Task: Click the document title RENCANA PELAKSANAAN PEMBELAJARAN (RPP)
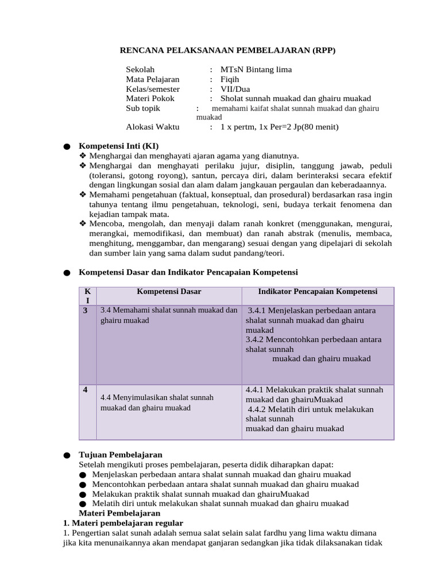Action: (227, 51)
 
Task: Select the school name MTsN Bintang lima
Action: (256, 69)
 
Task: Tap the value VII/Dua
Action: (235, 89)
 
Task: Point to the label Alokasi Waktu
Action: (153, 126)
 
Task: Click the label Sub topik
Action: (143, 108)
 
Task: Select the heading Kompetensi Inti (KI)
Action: (118, 146)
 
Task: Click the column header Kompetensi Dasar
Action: (169, 292)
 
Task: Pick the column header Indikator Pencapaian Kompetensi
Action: (318, 292)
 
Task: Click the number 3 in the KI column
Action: (85, 311)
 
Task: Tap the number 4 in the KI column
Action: (85, 390)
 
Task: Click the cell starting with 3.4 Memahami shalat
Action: (168, 315)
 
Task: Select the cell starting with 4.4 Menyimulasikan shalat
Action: (157, 403)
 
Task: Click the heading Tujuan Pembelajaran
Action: (120, 454)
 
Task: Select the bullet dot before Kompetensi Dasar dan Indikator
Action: (67, 273)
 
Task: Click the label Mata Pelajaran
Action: (153, 79)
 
